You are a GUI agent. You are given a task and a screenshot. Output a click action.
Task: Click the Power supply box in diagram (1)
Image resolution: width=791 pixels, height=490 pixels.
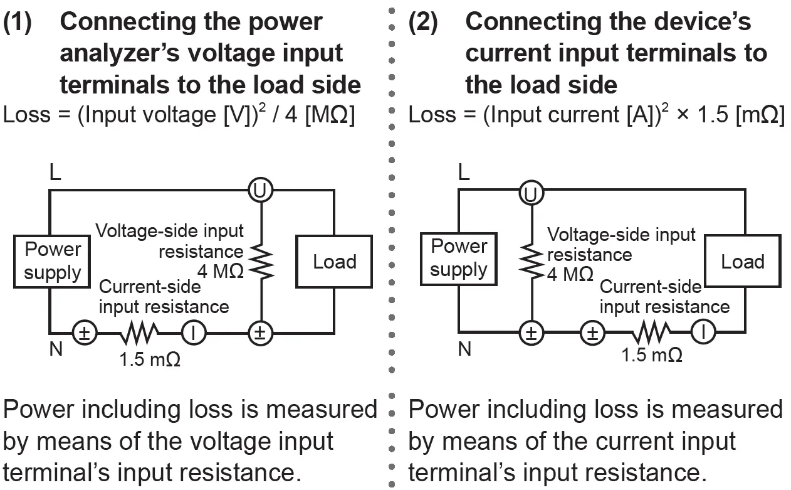53,261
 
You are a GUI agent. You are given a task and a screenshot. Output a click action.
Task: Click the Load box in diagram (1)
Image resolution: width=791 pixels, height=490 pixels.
334,261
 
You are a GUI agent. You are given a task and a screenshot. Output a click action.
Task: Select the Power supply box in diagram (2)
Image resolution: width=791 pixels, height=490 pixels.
459,258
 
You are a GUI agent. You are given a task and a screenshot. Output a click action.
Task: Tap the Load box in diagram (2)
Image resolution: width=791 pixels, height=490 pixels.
742,261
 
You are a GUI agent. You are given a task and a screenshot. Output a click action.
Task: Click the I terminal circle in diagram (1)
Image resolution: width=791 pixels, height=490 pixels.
194,333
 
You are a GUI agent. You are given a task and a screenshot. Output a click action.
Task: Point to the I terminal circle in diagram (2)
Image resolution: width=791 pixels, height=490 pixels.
703,333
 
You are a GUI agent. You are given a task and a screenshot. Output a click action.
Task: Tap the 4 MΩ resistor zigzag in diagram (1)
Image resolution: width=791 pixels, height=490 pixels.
261,262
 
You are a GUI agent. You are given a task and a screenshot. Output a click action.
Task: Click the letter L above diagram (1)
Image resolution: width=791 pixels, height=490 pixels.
55,173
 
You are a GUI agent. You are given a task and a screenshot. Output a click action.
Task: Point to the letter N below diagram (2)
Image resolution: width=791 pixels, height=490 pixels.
464,349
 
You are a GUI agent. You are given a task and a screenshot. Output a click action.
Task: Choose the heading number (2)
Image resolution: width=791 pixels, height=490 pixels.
426,23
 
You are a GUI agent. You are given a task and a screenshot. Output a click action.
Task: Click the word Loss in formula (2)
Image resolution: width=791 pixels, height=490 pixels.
433,115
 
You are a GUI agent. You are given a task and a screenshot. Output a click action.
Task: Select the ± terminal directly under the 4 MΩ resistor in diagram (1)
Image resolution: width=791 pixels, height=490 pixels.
260,333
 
